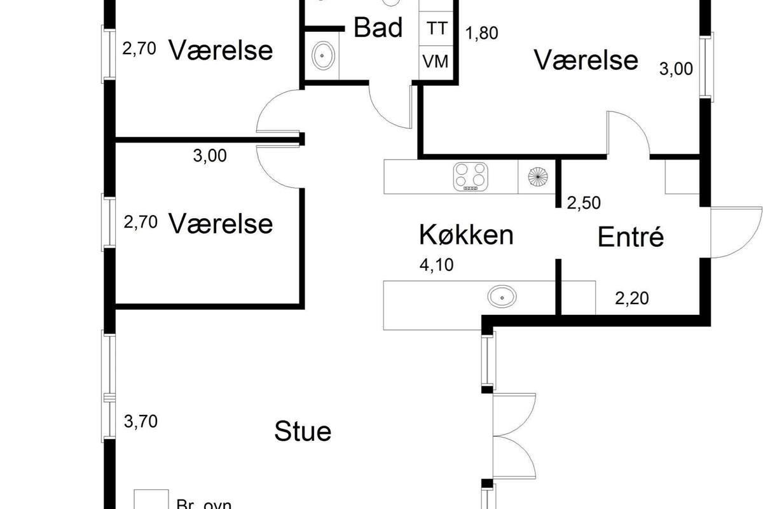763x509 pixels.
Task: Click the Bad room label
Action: click(x=378, y=28)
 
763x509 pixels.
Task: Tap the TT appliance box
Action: click(x=437, y=29)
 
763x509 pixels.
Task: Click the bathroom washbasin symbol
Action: click(x=324, y=56)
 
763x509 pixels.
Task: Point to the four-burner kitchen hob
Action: click(x=471, y=176)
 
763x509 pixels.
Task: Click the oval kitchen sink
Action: click(x=502, y=296)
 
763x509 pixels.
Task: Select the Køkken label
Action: click(x=466, y=235)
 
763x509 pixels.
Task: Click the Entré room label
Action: click(x=631, y=237)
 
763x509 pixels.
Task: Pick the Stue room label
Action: click(x=303, y=431)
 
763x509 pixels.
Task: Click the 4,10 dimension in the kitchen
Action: click(x=436, y=264)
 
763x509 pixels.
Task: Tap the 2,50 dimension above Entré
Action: click(x=584, y=203)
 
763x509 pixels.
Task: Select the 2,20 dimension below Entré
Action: click(x=632, y=297)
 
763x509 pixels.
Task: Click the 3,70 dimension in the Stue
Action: click(x=140, y=421)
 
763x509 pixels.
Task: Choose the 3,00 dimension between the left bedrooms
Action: click(x=209, y=156)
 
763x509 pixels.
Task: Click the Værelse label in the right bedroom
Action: click(x=586, y=60)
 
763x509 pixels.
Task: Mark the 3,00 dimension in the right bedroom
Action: click(x=676, y=69)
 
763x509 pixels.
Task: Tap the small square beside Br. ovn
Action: click(x=151, y=499)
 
